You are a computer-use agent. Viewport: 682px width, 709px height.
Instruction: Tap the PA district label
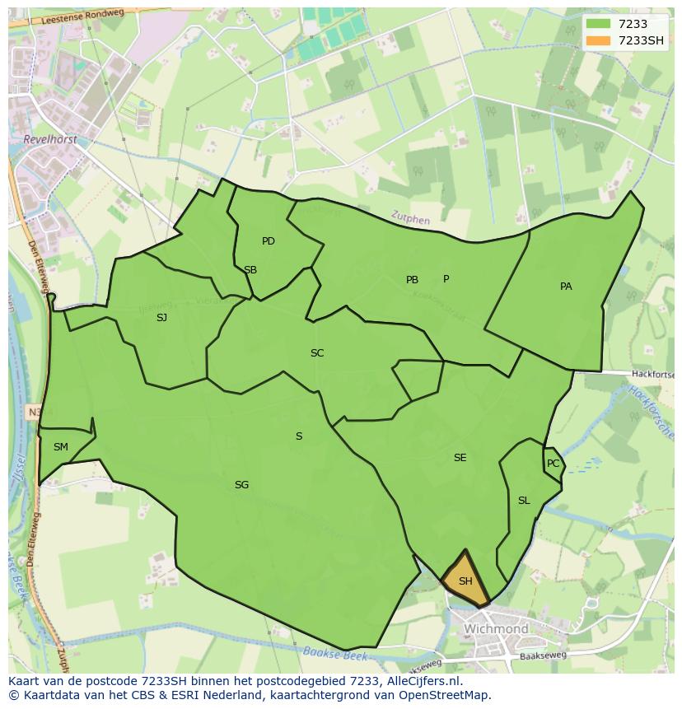click(566, 287)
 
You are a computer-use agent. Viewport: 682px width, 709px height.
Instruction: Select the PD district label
click(269, 241)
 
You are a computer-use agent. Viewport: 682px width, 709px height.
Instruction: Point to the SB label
click(250, 270)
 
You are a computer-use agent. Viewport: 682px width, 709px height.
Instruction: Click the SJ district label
click(161, 317)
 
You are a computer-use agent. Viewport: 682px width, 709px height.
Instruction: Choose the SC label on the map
click(317, 353)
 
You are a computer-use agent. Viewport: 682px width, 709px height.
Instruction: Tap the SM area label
click(61, 447)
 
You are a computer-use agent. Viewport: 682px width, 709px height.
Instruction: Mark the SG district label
click(241, 485)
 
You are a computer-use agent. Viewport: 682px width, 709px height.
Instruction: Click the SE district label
click(460, 458)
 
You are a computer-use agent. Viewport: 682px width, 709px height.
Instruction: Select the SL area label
click(524, 501)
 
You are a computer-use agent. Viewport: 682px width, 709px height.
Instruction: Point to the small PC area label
click(553, 464)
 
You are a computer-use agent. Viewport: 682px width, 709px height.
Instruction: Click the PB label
click(412, 280)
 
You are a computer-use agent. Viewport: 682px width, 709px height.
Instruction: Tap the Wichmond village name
click(496, 629)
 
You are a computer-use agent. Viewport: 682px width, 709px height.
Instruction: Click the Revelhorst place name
click(51, 140)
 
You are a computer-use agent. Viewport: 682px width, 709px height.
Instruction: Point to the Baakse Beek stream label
click(334, 655)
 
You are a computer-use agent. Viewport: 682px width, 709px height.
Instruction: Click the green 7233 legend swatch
click(599, 25)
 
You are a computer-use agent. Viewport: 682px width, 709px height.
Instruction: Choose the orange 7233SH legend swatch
click(599, 40)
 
